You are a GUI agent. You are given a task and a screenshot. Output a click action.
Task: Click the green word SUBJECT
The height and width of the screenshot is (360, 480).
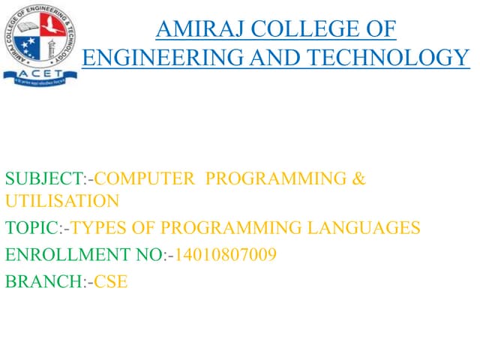pos(43,179)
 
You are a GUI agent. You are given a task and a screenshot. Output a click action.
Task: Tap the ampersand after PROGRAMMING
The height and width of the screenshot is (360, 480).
pos(358,179)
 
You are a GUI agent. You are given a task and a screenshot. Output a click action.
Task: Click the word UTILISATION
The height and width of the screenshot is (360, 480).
pos(61,200)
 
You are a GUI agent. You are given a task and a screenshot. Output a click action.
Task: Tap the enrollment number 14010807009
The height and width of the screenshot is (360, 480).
pos(225,255)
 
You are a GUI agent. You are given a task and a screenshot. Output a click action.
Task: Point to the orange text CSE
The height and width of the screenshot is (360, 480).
pos(111,283)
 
